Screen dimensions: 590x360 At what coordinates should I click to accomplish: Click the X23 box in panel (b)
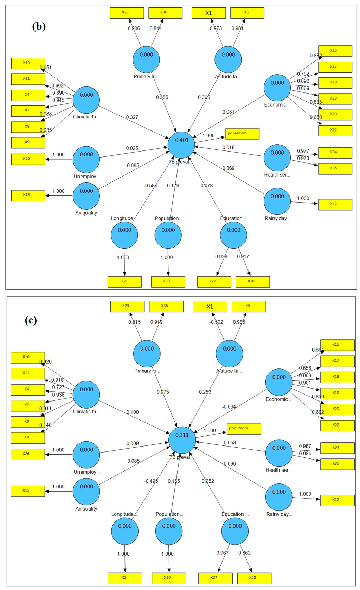pos(127,13)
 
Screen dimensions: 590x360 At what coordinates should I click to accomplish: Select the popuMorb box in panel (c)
pos(244,428)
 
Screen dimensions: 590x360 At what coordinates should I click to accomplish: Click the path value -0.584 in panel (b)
pos(150,186)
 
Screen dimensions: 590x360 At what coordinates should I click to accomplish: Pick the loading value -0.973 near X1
pos(215,28)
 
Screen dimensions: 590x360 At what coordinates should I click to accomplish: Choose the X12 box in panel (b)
pos(335,204)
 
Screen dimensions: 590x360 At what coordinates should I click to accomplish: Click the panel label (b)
pos(39,27)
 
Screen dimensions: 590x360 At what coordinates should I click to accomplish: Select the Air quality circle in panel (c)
pos(86,492)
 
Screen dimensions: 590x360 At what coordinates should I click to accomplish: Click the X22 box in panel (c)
pos(337,425)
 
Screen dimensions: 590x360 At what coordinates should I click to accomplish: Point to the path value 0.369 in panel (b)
pos(228,168)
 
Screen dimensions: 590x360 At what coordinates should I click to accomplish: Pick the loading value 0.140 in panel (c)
pos(45,425)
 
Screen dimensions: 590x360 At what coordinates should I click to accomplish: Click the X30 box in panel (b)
pos(168,282)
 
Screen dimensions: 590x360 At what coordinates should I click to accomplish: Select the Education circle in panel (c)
pos(235,531)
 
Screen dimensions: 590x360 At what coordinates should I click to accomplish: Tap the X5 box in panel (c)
pos(249,306)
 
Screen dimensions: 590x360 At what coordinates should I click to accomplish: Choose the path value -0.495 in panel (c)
pos(151,481)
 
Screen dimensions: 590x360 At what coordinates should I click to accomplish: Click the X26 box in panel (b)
pos(28,159)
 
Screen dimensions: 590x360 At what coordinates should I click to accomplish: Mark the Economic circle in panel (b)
pos(277,88)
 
